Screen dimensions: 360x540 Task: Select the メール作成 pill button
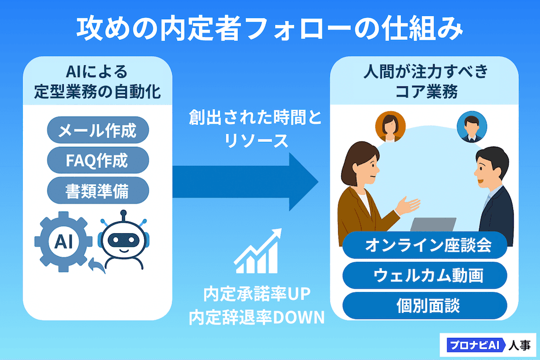pos(97,130)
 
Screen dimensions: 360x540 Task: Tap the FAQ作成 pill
pos(97,160)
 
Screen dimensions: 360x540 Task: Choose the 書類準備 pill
pos(97,190)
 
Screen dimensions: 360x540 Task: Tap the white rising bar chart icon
pos(258,252)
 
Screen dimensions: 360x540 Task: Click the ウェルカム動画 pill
pos(424,276)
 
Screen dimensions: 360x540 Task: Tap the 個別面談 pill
pos(424,306)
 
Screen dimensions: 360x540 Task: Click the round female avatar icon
pos(390,126)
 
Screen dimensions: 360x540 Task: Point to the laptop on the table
pos(432,225)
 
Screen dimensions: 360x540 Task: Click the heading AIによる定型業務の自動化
pos(97,81)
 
